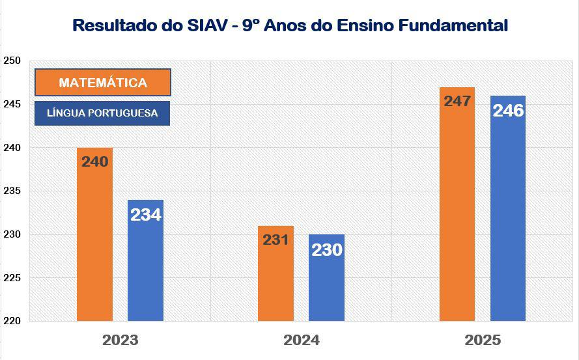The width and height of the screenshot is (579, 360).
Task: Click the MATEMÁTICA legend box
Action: coord(103,83)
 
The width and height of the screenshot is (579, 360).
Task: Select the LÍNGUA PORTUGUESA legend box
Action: coord(102,113)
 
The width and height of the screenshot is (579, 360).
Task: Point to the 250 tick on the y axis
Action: coord(12,61)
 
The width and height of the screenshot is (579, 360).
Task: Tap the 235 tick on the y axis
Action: coord(12,191)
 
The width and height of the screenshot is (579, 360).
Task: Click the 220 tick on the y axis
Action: coord(12,321)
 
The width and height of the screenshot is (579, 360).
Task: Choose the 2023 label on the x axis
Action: coord(120,340)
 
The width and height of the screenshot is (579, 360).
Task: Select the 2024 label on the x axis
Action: coord(301,340)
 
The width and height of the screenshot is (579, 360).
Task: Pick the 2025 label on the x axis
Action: coord(483,340)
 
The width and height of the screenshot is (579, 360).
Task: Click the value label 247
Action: coord(457,102)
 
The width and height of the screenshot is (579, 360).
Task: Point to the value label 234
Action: coord(145,214)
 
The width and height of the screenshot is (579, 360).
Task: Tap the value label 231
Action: coord(275,240)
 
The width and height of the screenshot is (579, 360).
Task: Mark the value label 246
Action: coord(508,111)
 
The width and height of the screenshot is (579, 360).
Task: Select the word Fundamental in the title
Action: coord(455,25)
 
